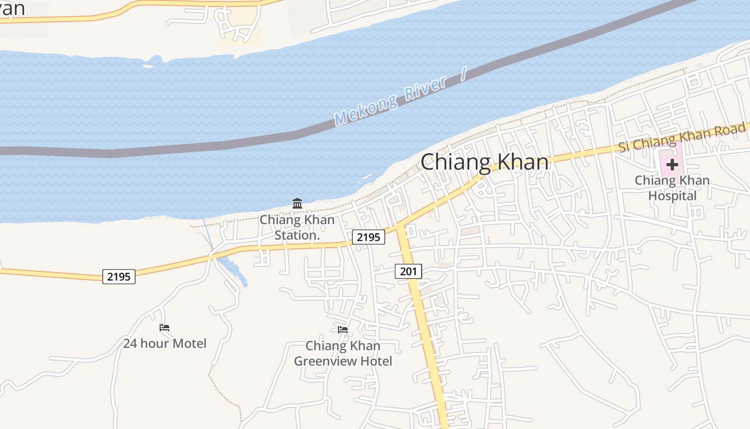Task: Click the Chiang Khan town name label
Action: (485, 162)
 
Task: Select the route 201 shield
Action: (408, 271)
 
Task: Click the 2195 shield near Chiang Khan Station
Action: (369, 236)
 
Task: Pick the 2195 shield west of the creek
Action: (119, 277)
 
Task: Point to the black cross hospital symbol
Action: (672, 165)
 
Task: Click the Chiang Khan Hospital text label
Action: (672, 188)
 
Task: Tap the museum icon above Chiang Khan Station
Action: (297, 203)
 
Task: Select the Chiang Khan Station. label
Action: (297, 227)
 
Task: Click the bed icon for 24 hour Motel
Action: (164, 327)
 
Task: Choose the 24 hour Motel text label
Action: (164, 343)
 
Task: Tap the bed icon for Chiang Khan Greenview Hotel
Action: (343, 329)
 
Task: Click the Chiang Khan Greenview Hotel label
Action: (343, 353)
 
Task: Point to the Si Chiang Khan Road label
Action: (682, 137)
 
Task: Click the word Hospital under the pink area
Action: (672, 196)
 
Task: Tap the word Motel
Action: (189, 343)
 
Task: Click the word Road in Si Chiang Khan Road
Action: (731, 129)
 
